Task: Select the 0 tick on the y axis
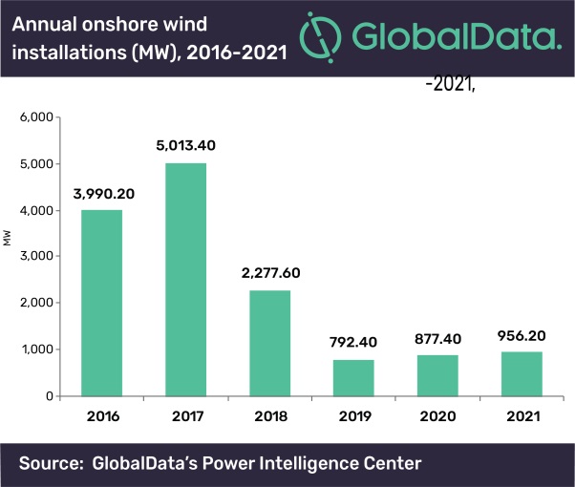click(49, 396)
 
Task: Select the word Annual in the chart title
click(51, 22)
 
